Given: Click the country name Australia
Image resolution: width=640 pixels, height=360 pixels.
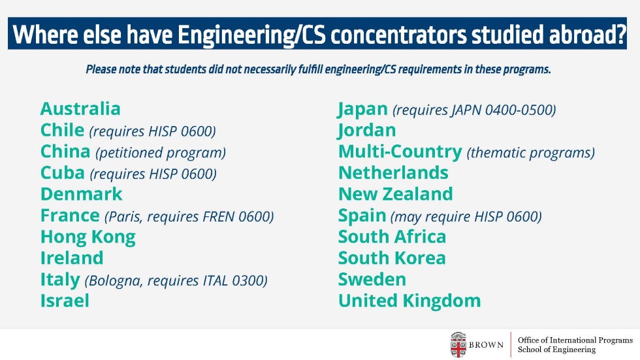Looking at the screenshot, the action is (80, 108).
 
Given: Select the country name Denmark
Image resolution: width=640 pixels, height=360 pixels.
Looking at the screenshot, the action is (81, 194).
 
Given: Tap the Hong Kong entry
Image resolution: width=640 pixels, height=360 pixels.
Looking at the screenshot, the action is (88, 237).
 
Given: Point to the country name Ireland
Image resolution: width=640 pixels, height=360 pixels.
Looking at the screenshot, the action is (72, 258).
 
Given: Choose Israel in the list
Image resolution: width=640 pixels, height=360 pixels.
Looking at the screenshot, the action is (65, 301).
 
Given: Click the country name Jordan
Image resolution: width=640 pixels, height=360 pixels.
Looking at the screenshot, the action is (367, 131).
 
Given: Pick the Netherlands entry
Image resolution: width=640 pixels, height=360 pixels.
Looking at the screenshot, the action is (393, 172).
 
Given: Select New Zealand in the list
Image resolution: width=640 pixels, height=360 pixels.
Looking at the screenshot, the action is (396, 194).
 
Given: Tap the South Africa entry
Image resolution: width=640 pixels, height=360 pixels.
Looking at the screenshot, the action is (392, 237).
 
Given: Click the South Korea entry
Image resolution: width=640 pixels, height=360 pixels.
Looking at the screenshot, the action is (392, 258).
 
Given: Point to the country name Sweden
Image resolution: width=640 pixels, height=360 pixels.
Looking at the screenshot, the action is (372, 279).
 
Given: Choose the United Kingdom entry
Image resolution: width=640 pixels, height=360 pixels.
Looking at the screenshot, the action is (410, 301).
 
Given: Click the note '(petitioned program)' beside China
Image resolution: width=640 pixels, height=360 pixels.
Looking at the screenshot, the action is (161, 153).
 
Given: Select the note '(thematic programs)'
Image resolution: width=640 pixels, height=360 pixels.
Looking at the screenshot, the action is (530, 153).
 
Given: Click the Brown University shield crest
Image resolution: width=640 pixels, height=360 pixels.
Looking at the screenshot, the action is (458, 345).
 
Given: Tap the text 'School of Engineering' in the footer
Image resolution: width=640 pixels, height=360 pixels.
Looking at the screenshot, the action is (556, 350).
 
